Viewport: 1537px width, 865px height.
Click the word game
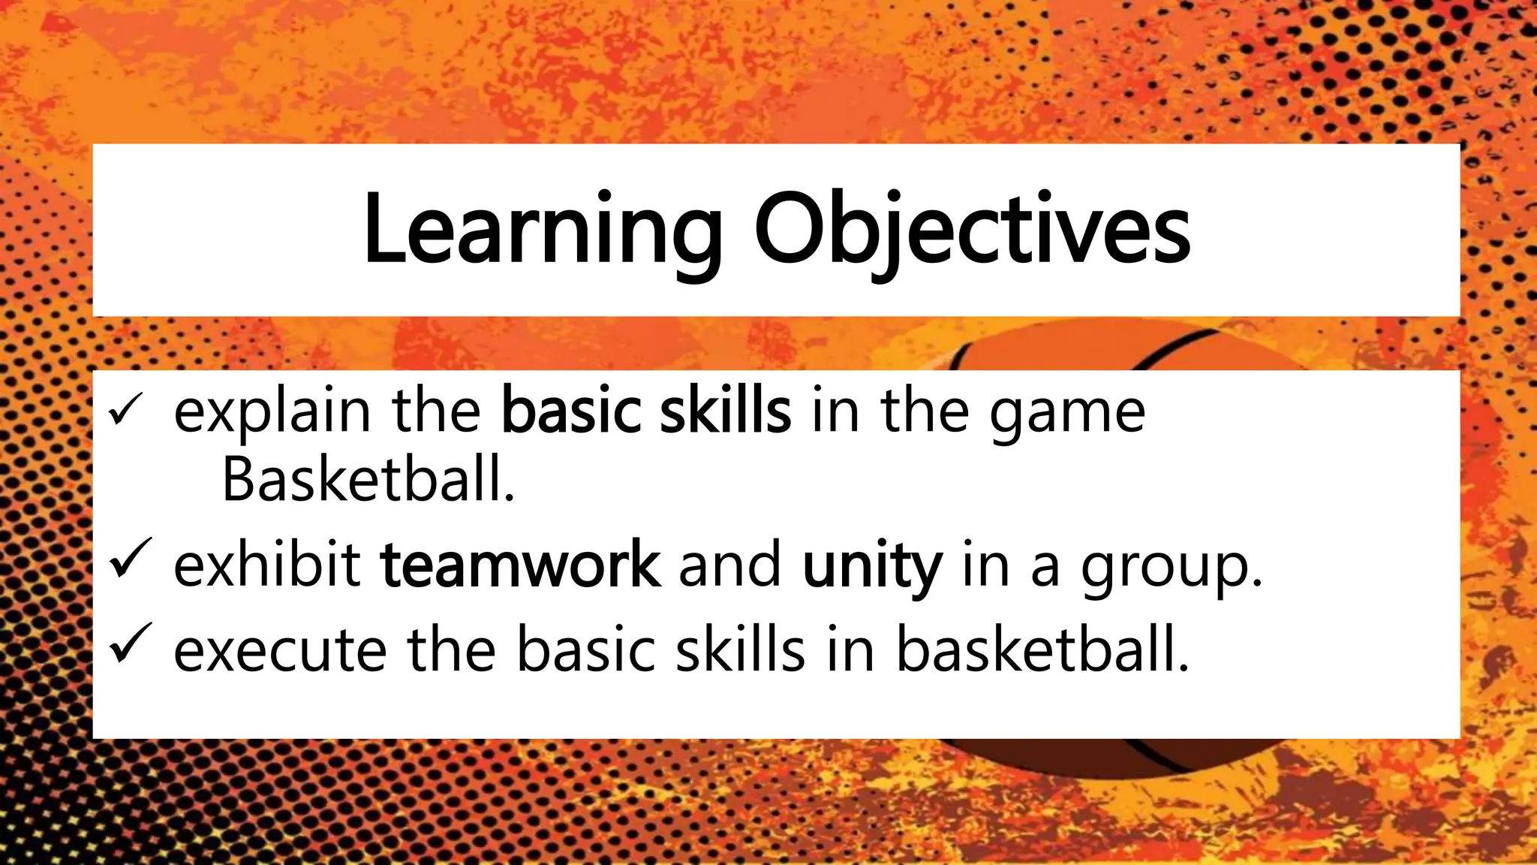pyautogui.click(x=1066, y=414)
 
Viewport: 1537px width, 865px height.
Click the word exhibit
pyautogui.click(x=267, y=565)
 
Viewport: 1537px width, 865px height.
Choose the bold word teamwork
pyautogui.click(x=520, y=565)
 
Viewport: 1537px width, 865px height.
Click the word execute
pyautogui.click(x=280, y=650)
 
